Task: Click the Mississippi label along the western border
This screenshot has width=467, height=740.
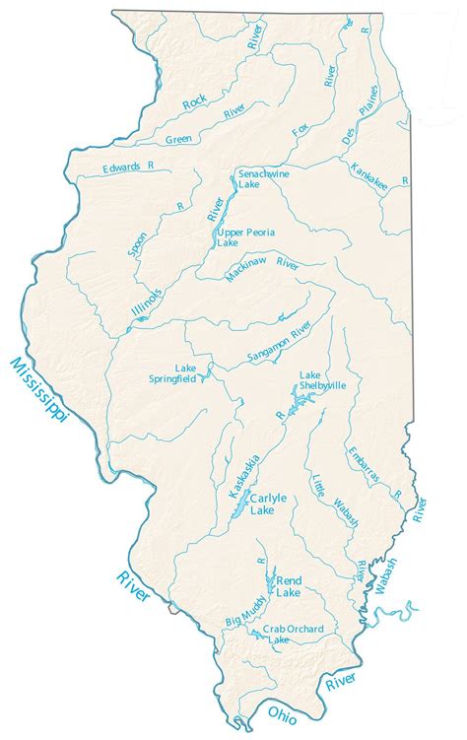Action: click(37, 391)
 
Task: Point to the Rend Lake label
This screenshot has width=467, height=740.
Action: click(289, 586)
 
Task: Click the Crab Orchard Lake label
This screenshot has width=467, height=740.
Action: click(291, 634)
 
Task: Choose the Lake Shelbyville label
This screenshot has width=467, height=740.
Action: click(322, 380)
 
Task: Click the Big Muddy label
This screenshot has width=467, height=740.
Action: click(245, 614)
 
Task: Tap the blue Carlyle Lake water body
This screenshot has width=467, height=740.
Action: click(239, 510)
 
